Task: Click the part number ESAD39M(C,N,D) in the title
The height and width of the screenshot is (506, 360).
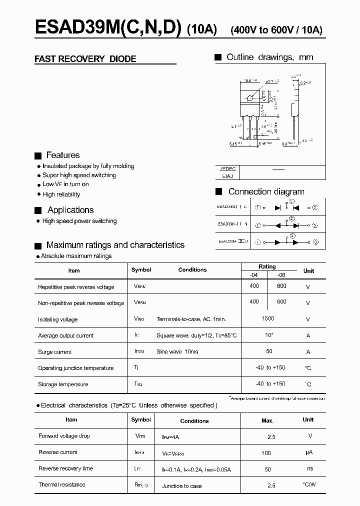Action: coord(108,29)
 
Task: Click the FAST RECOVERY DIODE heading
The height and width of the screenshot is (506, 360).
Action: coord(85,59)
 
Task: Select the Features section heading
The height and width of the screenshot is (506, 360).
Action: coord(62,155)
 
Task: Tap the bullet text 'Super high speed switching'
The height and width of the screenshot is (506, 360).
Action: coord(79,175)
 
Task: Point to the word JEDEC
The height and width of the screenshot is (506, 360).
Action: coord(227,169)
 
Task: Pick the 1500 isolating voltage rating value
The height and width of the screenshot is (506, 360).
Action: coord(267,318)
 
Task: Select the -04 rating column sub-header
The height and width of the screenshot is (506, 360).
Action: coord(253,274)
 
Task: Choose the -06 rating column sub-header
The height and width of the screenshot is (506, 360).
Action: coord(281,274)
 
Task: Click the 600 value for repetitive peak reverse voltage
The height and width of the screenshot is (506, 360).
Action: coord(281,286)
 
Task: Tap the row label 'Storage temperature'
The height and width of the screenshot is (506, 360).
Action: coord(63,384)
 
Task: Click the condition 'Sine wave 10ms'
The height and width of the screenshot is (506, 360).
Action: coord(177,351)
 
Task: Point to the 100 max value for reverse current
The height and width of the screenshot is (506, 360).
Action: coord(266,453)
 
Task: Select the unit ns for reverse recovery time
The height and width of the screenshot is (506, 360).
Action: coord(310,468)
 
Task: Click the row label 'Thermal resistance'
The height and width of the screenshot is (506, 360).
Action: coord(62,484)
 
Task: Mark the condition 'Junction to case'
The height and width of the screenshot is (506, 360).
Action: coord(182,486)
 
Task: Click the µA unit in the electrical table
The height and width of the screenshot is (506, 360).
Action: coord(310,452)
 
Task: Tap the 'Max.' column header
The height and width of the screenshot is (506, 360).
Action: coord(267,420)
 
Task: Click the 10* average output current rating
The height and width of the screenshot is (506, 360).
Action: coord(268,335)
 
